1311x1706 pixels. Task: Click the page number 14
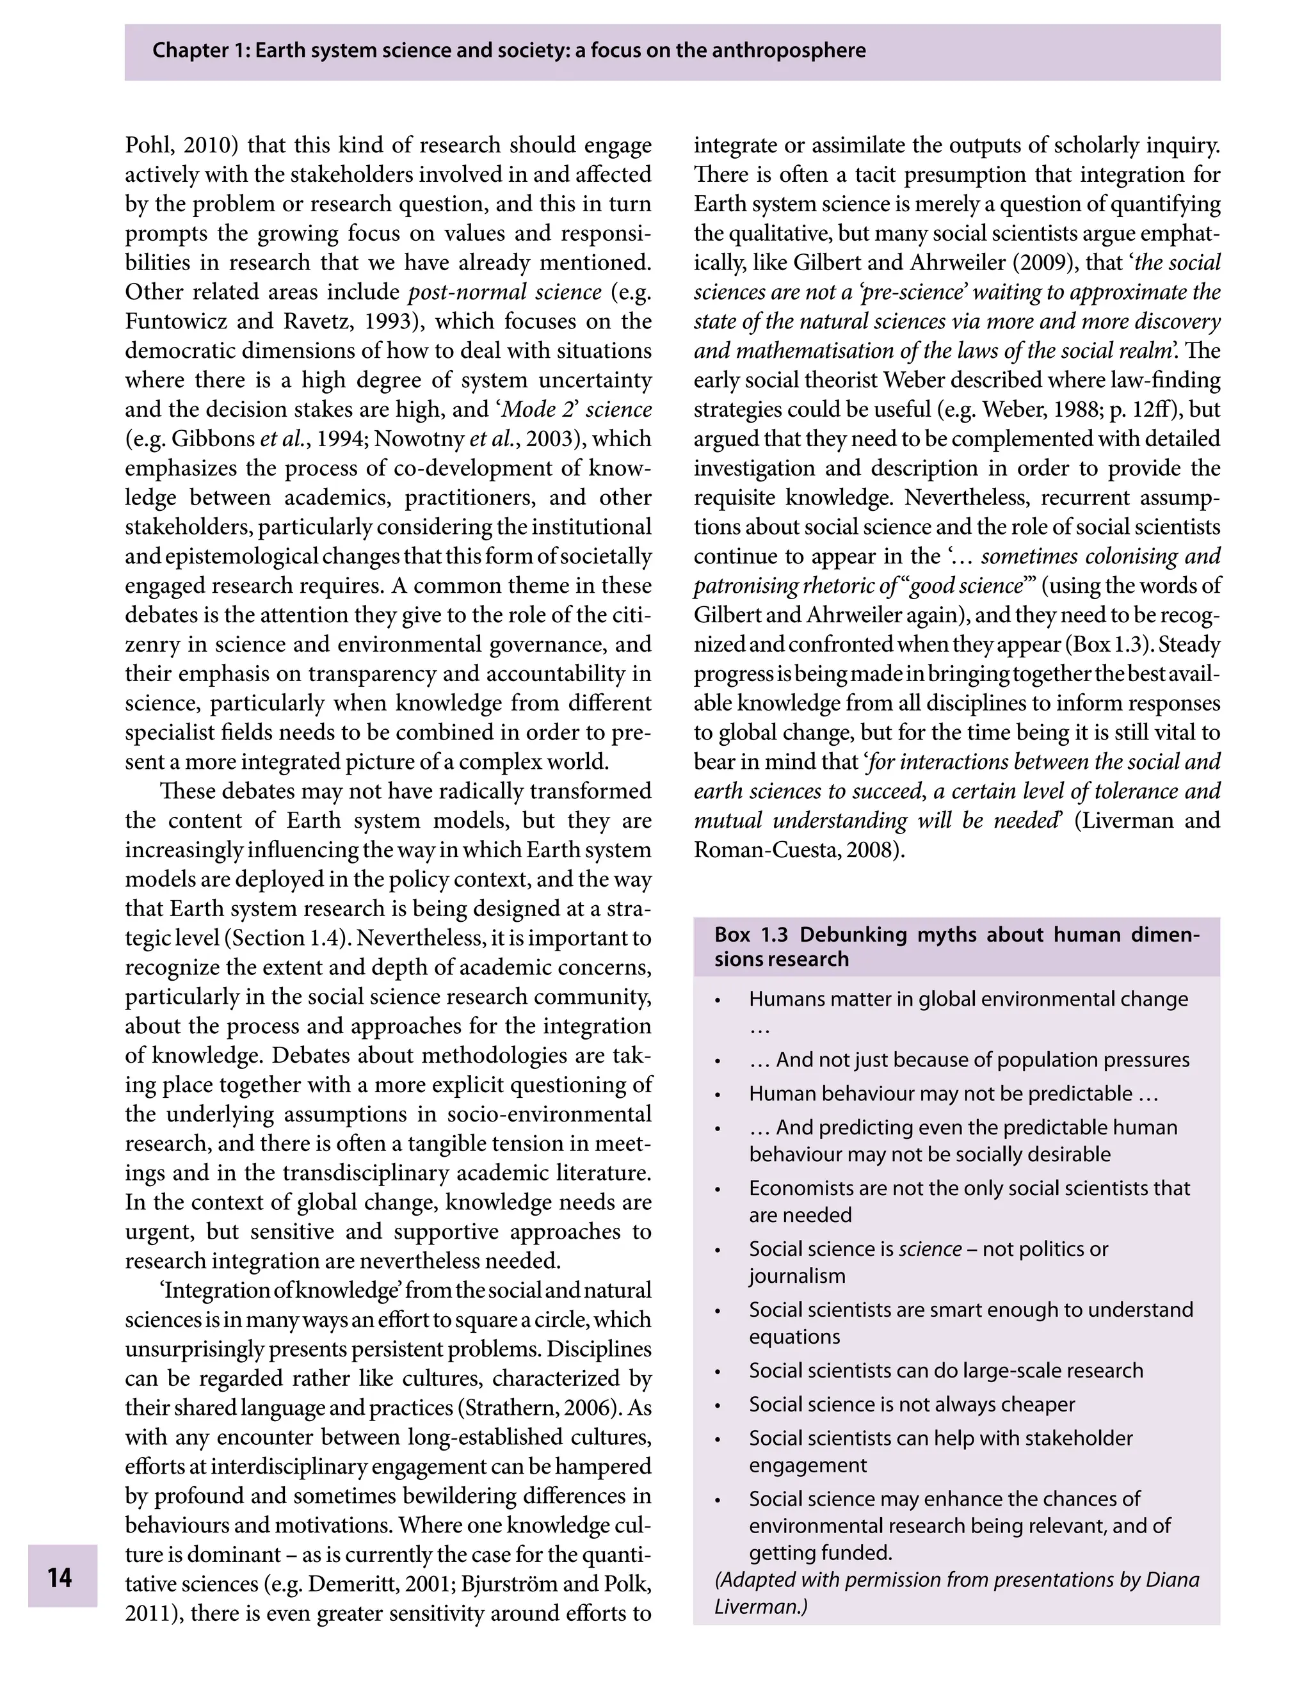tap(60, 1577)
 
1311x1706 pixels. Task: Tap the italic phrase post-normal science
tap(505, 292)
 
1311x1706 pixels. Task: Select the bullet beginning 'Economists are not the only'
tap(969, 1188)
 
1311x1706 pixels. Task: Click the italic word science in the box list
tap(929, 1249)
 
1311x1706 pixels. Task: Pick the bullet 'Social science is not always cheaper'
tap(912, 1404)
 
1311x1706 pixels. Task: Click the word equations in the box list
tap(794, 1336)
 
